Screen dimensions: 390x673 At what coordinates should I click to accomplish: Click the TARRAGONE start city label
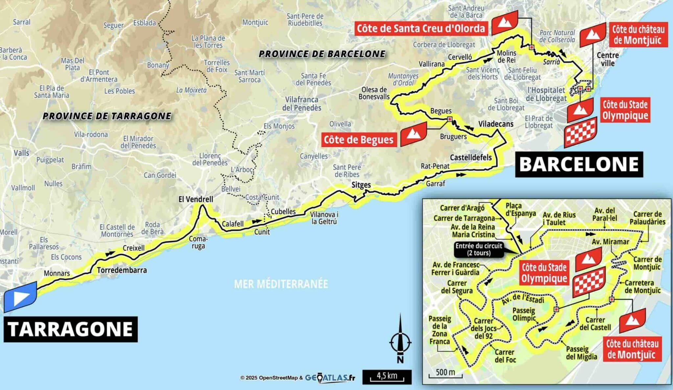70,329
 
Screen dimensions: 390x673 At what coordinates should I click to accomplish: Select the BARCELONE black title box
579,164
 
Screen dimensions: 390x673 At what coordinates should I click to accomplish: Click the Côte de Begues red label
359,140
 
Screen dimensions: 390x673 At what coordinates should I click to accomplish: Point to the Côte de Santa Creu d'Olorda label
421,28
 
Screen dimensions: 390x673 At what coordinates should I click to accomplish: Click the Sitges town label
361,185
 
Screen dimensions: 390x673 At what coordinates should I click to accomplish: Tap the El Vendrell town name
196,199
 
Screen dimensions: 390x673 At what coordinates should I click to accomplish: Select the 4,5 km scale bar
387,377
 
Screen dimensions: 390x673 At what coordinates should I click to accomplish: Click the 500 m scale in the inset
445,373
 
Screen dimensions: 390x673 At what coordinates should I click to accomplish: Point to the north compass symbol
400,340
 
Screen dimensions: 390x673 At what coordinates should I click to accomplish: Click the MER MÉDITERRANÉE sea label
281,284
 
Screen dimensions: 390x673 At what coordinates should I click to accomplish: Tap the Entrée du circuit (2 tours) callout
478,250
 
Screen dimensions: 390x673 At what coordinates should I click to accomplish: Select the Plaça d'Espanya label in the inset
521,209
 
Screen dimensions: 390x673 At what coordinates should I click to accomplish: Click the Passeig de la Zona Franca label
440,330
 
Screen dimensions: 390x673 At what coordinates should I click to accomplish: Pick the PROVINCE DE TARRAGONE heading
107,116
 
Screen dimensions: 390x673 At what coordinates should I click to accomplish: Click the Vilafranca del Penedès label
301,103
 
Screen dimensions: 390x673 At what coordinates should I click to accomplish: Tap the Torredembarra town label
122,270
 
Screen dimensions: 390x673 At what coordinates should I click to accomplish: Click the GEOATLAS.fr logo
330,378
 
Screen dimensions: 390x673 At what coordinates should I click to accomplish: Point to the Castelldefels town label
471,158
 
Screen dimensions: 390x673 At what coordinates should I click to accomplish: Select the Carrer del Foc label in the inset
505,356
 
